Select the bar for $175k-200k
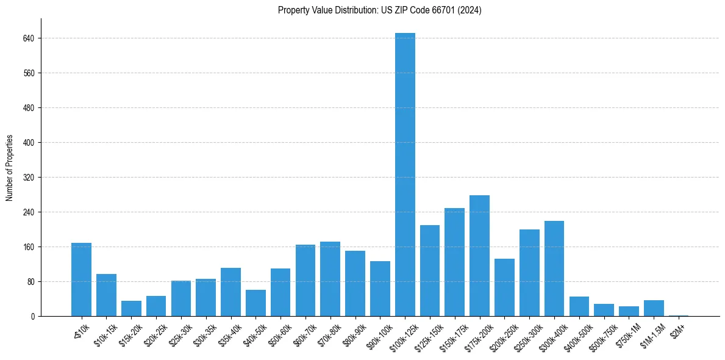click(479, 256)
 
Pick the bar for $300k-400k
click(554, 268)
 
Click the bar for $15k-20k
click(131, 309)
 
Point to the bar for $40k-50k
click(255, 303)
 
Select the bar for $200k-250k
click(504, 287)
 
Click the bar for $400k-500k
click(579, 306)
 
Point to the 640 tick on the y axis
click(29, 38)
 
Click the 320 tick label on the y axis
click(29, 178)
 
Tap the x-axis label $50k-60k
click(277, 334)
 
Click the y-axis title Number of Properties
click(10, 167)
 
